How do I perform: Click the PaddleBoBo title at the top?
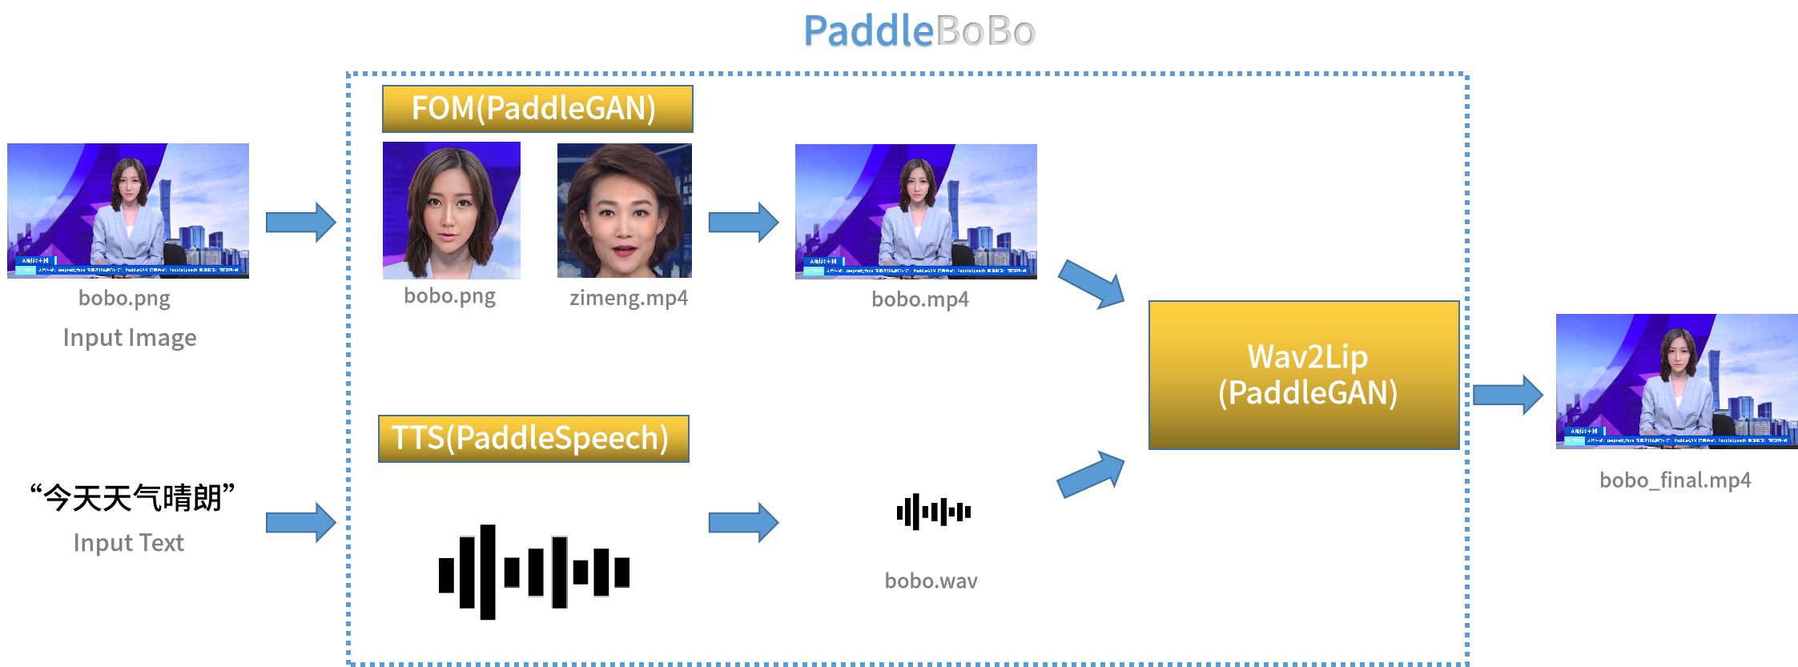(x=919, y=32)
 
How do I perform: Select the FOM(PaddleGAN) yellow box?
(x=537, y=109)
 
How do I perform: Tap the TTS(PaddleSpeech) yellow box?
(x=533, y=439)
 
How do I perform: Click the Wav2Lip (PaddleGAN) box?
(x=1303, y=375)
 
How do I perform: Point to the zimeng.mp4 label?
(x=628, y=299)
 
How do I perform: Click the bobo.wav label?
(x=931, y=581)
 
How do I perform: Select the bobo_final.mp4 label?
(x=1675, y=480)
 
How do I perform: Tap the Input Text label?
(x=129, y=543)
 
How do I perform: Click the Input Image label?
(x=130, y=338)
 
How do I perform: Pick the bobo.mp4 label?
(x=919, y=299)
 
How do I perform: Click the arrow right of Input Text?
(x=300, y=523)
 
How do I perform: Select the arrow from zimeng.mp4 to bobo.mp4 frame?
(x=743, y=222)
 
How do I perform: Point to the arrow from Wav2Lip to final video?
(x=1507, y=395)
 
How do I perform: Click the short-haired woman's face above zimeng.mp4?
(x=624, y=211)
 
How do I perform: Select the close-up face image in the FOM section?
(x=451, y=211)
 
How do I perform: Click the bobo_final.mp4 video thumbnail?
(x=1676, y=381)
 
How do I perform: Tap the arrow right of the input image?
(x=300, y=222)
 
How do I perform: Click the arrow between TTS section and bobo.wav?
(x=743, y=523)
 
